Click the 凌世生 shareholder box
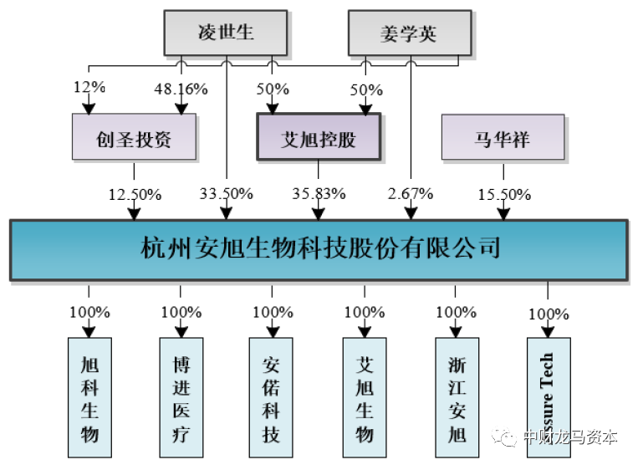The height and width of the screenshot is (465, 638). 226,34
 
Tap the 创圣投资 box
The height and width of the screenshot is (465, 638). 134,137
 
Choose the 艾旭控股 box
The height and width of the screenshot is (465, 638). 319,137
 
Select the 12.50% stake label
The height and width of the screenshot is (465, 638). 135,194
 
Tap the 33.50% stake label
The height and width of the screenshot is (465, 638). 226,194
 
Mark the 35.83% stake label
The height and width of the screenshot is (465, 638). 319,194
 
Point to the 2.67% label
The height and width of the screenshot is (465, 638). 411,194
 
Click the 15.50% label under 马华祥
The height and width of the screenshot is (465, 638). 503,194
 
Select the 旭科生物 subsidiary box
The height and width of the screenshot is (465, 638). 89,397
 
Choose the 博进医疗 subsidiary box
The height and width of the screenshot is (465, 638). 181,397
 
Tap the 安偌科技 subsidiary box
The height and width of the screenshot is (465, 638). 271,397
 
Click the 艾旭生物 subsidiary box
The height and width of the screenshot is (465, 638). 365,397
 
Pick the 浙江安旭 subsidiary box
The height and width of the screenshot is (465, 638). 457,397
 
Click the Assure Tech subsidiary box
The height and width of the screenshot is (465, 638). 549,397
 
